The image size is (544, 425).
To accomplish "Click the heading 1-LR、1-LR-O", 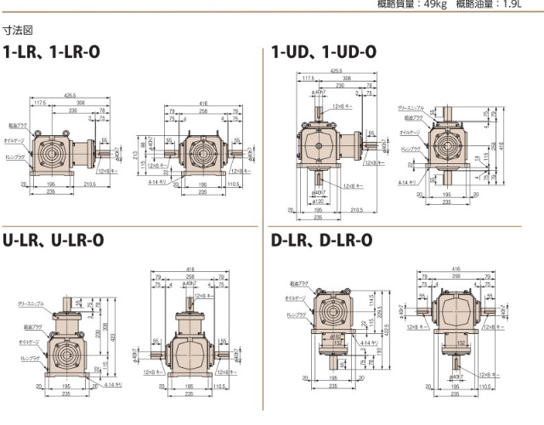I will point(52,52).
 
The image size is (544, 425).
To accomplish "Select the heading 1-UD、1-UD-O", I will point(324,52).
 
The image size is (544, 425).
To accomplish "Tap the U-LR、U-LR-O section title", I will point(54,240).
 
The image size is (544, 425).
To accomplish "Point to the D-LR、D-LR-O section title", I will point(322,240).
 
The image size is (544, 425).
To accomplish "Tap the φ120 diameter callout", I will point(318,201).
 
